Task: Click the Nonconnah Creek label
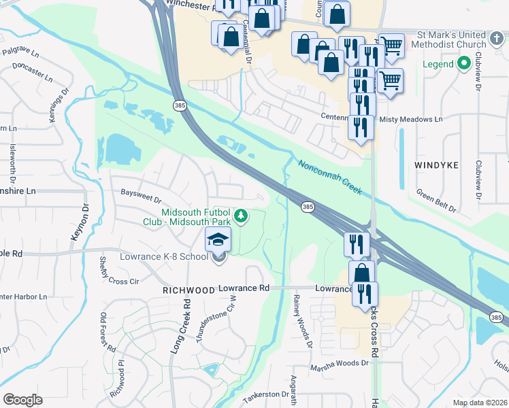pos(329,177)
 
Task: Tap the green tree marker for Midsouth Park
pos(240,216)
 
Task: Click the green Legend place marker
pos(465,65)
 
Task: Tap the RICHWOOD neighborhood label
pos(188,290)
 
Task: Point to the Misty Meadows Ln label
pos(410,119)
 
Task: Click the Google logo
pos(23,399)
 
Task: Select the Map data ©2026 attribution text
pos(478,403)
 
